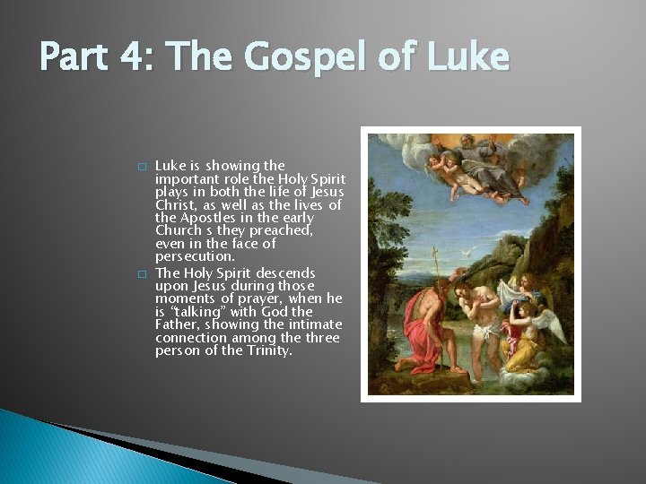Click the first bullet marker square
pos(141,167)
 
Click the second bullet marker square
pos(141,273)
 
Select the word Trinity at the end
pos(270,350)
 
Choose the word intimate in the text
pos(313,324)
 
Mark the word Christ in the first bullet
pos(175,205)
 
